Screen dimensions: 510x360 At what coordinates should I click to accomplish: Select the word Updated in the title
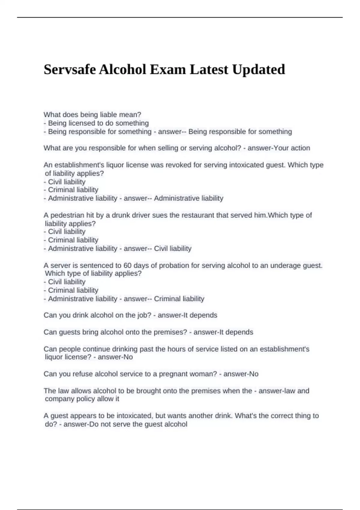pyautogui.click(x=259, y=70)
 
